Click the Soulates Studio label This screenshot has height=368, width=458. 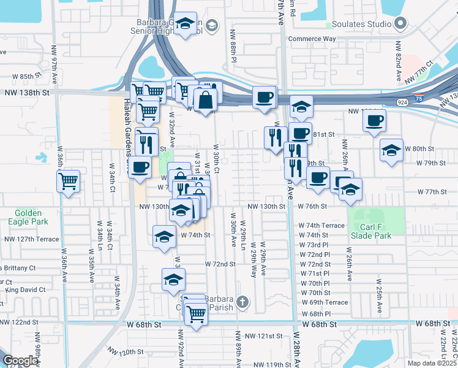click(361, 24)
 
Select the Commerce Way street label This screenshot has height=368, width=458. click(312, 39)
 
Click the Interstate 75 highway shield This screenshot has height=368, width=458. click(418, 96)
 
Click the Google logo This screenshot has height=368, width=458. click(20, 361)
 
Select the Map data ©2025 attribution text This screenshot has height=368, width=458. click(432, 363)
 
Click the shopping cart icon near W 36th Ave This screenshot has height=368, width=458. click(68, 180)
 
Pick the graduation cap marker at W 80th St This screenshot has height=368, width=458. click(391, 150)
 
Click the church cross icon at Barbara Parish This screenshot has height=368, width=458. click(242, 302)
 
